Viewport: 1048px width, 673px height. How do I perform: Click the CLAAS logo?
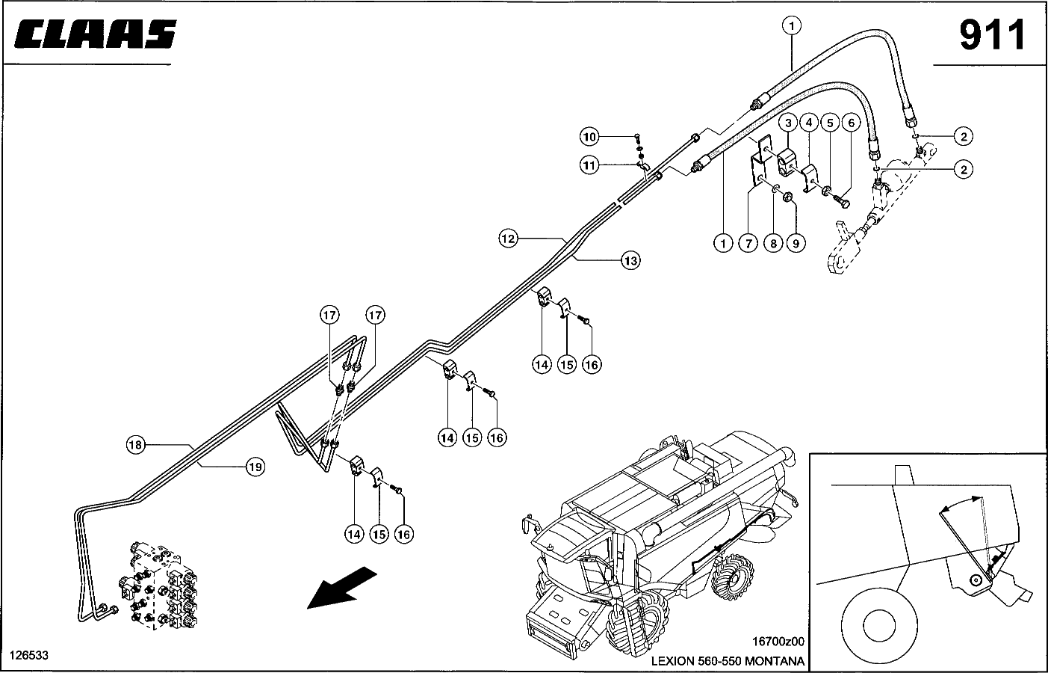96,34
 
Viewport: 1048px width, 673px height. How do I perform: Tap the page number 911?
992,35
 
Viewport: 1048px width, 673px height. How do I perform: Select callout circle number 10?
590,137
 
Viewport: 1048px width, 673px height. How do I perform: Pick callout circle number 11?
590,165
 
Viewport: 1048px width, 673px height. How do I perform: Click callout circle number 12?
509,239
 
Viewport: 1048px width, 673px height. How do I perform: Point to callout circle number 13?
631,260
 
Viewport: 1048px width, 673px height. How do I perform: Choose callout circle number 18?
134,446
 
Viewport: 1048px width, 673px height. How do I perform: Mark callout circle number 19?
255,467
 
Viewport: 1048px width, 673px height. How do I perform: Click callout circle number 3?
788,122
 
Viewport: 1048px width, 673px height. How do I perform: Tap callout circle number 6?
850,122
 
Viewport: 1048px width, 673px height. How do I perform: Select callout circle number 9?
796,242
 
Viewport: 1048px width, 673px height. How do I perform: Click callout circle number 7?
748,242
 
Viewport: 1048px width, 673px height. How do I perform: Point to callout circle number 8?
772,242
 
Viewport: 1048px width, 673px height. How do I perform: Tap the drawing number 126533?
28,655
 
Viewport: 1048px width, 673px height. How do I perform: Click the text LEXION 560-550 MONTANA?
728,661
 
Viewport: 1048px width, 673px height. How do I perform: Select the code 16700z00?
778,641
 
